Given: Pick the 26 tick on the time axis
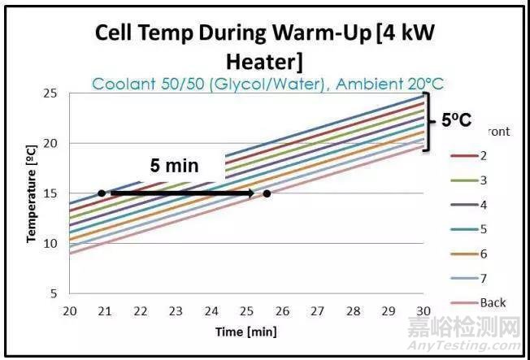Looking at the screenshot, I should click(281, 311).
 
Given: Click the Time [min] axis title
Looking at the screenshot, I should click(245, 332).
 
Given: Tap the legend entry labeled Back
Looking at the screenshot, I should click(493, 302).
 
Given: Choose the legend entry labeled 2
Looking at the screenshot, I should click(484, 155).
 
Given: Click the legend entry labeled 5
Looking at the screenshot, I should click(484, 228).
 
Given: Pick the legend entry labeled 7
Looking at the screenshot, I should click(484, 278).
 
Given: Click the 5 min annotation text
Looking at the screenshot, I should click(174, 166).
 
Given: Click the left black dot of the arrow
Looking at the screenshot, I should click(101, 193).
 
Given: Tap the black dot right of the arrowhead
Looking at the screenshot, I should click(267, 193).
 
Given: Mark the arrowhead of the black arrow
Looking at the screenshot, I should click(251, 193).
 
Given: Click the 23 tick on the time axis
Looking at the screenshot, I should click(176, 311).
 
